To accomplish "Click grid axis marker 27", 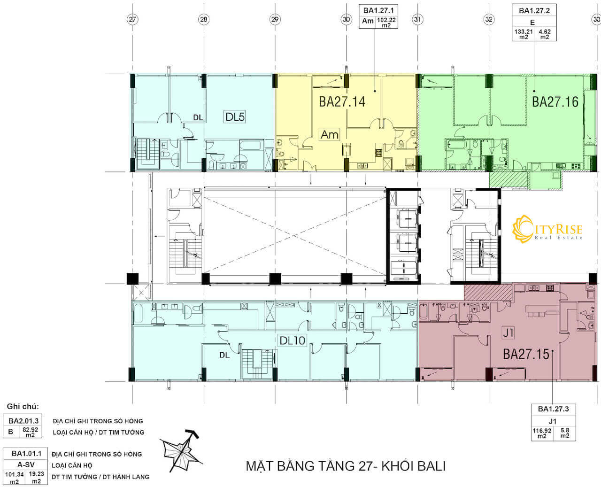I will (132, 19).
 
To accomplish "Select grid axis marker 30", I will (346, 19).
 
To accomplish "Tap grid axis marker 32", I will (489, 19).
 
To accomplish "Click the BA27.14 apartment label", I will (342, 102).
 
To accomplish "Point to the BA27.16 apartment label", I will (555, 102).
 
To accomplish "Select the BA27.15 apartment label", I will (526, 354).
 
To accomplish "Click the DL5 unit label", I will (235, 117).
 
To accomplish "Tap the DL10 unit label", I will (292, 340).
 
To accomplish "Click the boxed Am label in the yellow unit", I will (330, 135).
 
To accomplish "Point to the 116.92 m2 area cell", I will (542, 433).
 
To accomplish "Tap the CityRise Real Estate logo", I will (547, 229).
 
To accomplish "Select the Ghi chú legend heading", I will (23, 406).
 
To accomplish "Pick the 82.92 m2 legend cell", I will (30, 432).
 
